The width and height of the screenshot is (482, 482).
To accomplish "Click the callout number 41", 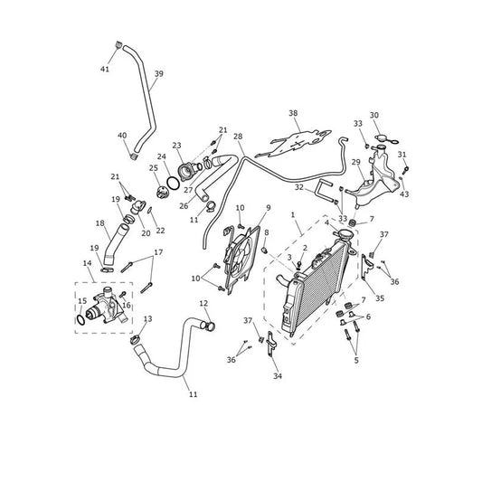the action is [x=105, y=69].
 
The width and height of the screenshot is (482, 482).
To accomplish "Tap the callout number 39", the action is [x=158, y=74].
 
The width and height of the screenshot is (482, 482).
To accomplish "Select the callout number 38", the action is [x=293, y=113].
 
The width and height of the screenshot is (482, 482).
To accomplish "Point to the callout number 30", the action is [x=374, y=115].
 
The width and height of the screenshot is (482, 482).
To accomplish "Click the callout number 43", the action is [x=404, y=194].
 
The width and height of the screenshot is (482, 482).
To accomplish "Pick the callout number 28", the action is [x=238, y=137].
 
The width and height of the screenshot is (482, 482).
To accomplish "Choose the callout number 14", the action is [x=88, y=263].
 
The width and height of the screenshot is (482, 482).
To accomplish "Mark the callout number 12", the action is [x=203, y=304].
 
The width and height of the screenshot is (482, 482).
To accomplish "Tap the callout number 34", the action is [x=278, y=375].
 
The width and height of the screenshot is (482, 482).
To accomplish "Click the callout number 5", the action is [x=356, y=360].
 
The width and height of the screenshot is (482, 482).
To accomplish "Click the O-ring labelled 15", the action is [x=80, y=320].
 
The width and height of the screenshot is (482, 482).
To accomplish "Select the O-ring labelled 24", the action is [x=173, y=184].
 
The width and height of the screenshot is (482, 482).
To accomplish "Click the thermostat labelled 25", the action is [x=162, y=193].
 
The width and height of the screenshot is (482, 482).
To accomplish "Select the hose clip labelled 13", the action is [x=135, y=340].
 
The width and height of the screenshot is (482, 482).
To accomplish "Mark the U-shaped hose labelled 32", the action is [x=326, y=191].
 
